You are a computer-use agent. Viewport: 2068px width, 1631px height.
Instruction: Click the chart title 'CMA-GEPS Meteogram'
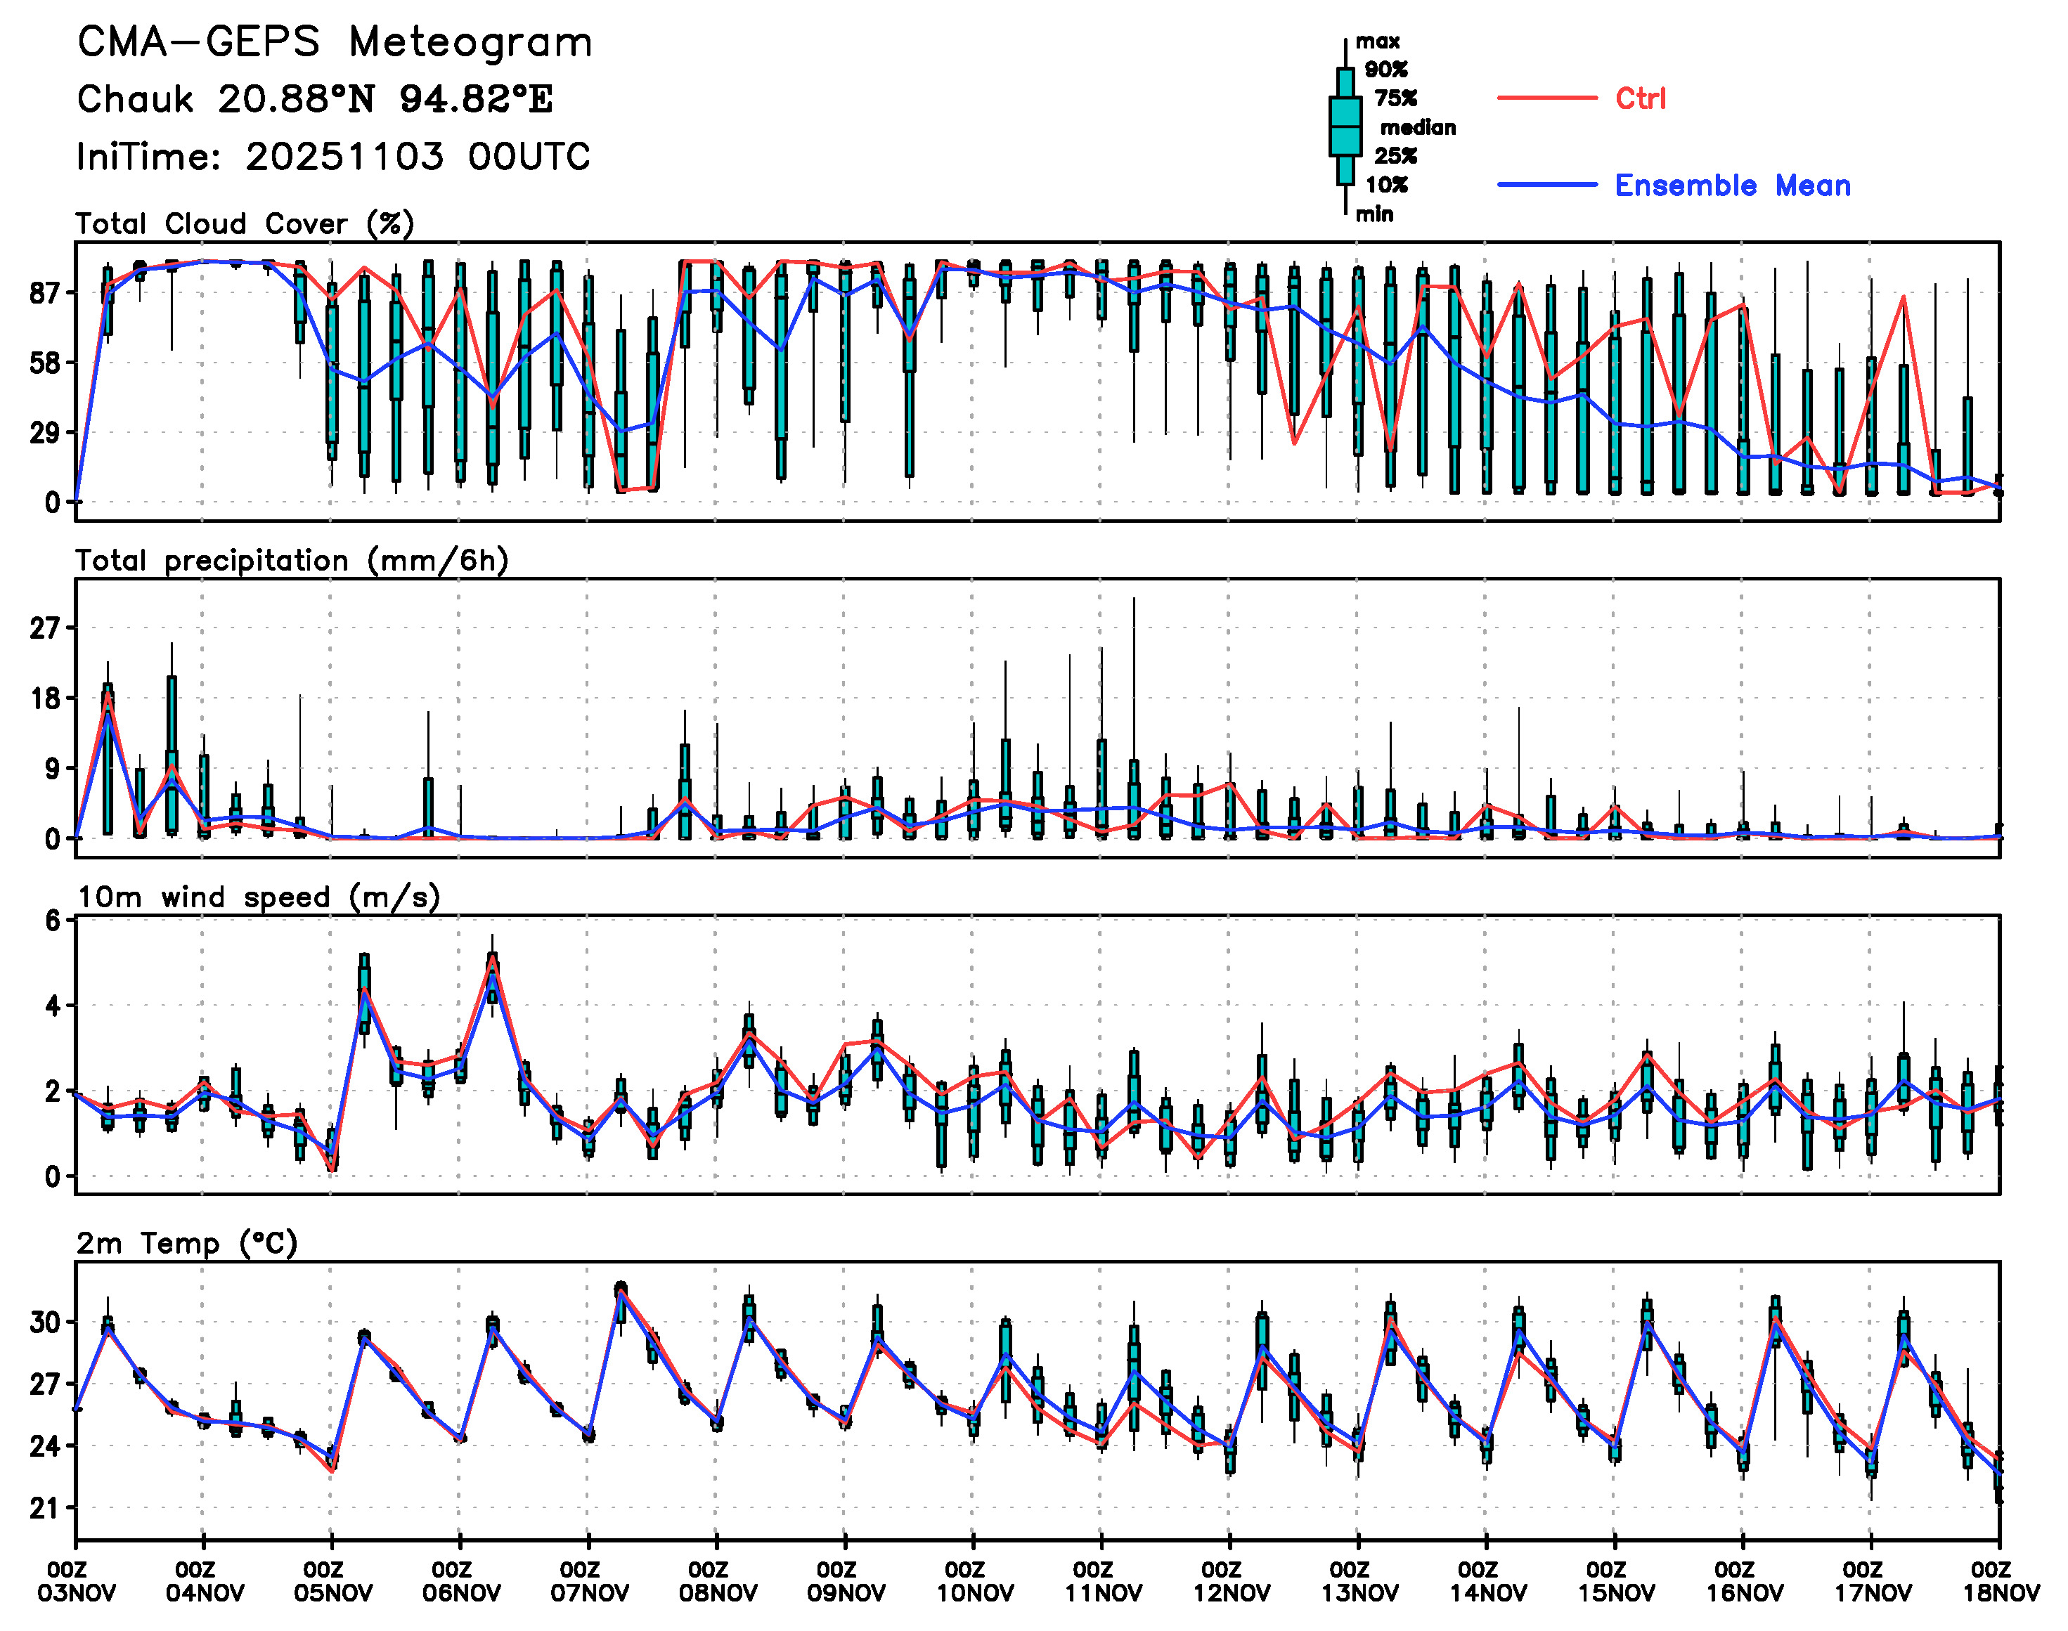pyautogui.click(x=335, y=43)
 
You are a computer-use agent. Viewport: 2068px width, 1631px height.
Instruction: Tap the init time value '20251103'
pyautogui.click(x=344, y=157)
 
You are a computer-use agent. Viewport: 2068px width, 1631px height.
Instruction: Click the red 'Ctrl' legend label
pyautogui.click(x=1640, y=98)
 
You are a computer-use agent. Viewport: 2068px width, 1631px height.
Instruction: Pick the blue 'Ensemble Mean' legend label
pyautogui.click(x=1732, y=186)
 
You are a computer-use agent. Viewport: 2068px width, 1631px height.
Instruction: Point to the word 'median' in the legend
pyautogui.click(x=1418, y=128)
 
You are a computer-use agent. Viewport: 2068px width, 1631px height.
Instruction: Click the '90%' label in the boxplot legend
pyautogui.click(x=1385, y=70)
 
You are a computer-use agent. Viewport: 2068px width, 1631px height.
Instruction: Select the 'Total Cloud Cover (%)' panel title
pyautogui.click(x=245, y=224)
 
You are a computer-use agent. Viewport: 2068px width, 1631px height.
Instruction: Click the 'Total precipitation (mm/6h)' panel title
pyautogui.click(x=291, y=561)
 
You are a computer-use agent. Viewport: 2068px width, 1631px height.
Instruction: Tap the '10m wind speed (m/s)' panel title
pyautogui.click(x=258, y=897)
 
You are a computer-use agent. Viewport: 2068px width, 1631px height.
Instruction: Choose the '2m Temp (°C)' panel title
pyautogui.click(x=187, y=1243)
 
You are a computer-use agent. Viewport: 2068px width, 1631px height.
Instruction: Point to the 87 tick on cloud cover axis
pyautogui.click(x=45, y=293)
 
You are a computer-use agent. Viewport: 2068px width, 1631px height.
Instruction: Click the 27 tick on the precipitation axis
pyautogui.click(x=45, y=628)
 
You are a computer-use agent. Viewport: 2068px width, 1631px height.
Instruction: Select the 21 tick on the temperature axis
pyautogui.click(x=45, y=1509)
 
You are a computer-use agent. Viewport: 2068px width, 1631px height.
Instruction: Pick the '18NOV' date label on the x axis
pyautogui.click(x=2001, y=1594)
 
